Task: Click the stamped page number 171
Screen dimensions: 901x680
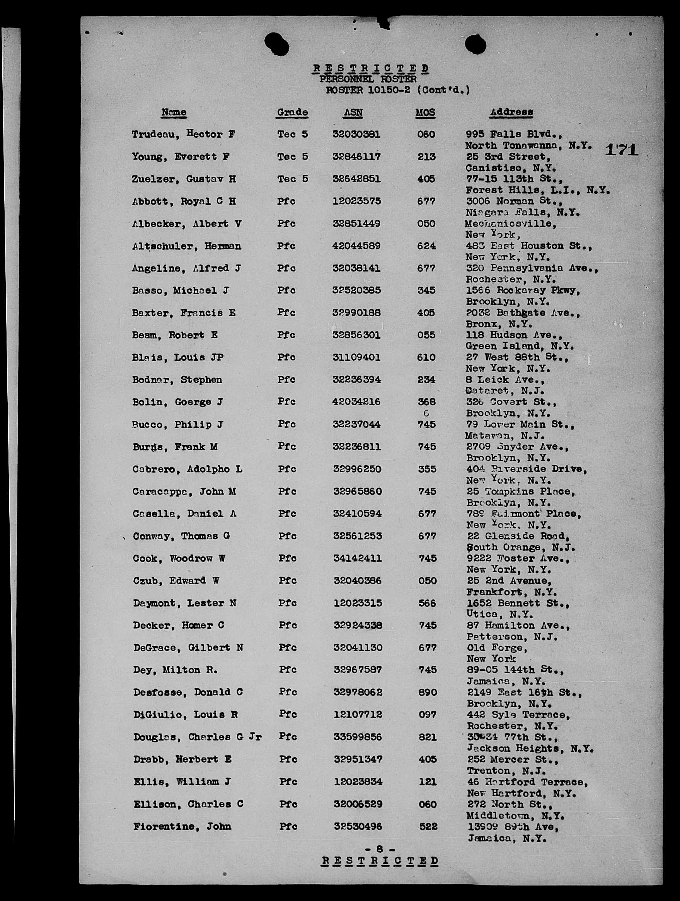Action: coord(621,150)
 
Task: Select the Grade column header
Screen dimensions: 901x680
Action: coord(292,112)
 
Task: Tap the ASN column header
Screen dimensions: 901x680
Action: coord(353,112)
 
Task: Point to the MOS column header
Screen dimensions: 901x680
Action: coord(425,113)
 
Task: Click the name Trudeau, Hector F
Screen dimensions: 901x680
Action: coord(183,134)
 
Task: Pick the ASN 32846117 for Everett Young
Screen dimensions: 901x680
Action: coord(356,156)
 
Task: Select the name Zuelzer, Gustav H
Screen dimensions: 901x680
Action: coord(184,179)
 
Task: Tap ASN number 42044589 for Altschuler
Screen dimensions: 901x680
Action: coord(356,246)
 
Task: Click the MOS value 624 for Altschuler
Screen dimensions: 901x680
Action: coord(426,246)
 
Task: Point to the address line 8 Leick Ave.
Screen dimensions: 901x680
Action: coord(505,380)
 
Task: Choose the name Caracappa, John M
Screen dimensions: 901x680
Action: coord(184,491)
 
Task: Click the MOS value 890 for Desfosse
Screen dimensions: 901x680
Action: coord(428,693)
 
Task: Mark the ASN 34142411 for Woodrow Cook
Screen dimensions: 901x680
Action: coord(357,558)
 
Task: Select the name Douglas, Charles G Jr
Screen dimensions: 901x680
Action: coord(197,737)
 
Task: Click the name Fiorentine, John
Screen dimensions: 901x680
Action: coord(182,826)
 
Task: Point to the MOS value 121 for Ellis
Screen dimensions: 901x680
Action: coord(428,782)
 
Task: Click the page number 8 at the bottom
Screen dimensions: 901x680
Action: coord(380,849)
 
